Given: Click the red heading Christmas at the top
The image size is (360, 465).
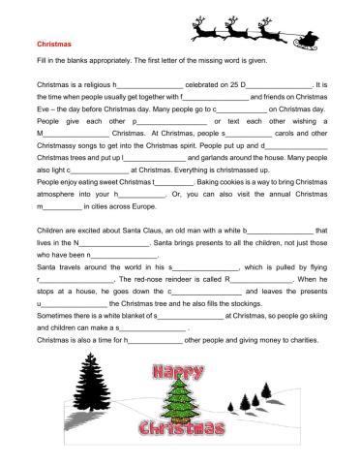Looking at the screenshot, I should coord(54,44).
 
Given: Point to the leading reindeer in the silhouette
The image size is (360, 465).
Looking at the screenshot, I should coord(207,29).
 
